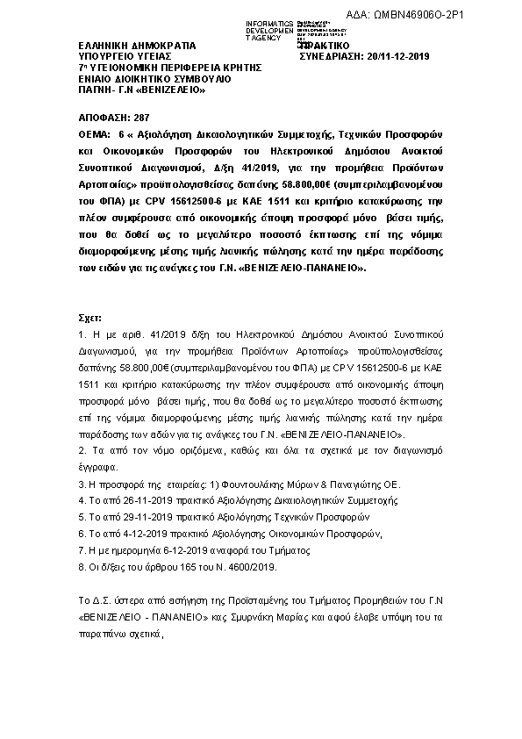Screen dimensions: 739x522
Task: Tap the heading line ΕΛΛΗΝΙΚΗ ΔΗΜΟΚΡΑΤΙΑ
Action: coord(130,46)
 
